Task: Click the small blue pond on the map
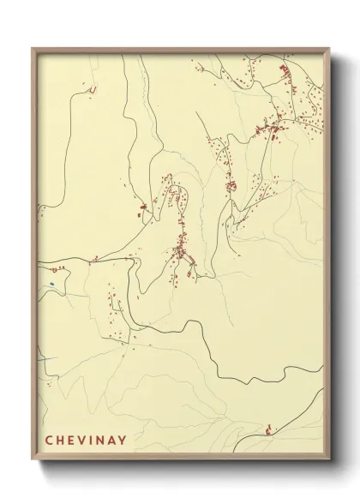[x=51, y=284]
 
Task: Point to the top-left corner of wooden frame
[x=31, y=46]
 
